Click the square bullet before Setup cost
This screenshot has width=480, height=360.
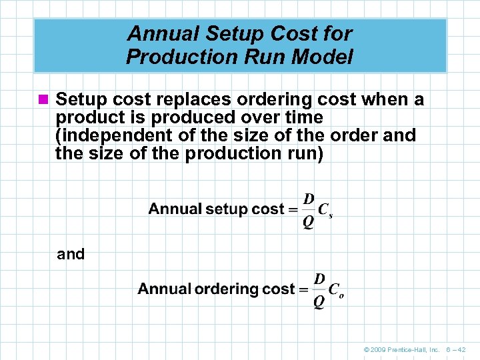point(44,100)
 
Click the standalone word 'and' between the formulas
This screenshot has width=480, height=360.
point(71,254)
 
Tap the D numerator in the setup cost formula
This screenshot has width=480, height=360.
point(309,198)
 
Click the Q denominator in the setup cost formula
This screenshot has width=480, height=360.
point(309,222)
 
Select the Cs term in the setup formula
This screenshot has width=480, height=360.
point(325,211)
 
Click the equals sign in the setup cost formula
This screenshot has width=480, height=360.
point(293,209)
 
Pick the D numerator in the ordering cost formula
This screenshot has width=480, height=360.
point(319,278)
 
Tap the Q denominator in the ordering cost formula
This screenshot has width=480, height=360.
point(319,302)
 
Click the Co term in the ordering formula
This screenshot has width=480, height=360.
point(337,291)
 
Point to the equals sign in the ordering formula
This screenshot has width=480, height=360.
point(303,289)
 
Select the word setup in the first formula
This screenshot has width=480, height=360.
point(228,209)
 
